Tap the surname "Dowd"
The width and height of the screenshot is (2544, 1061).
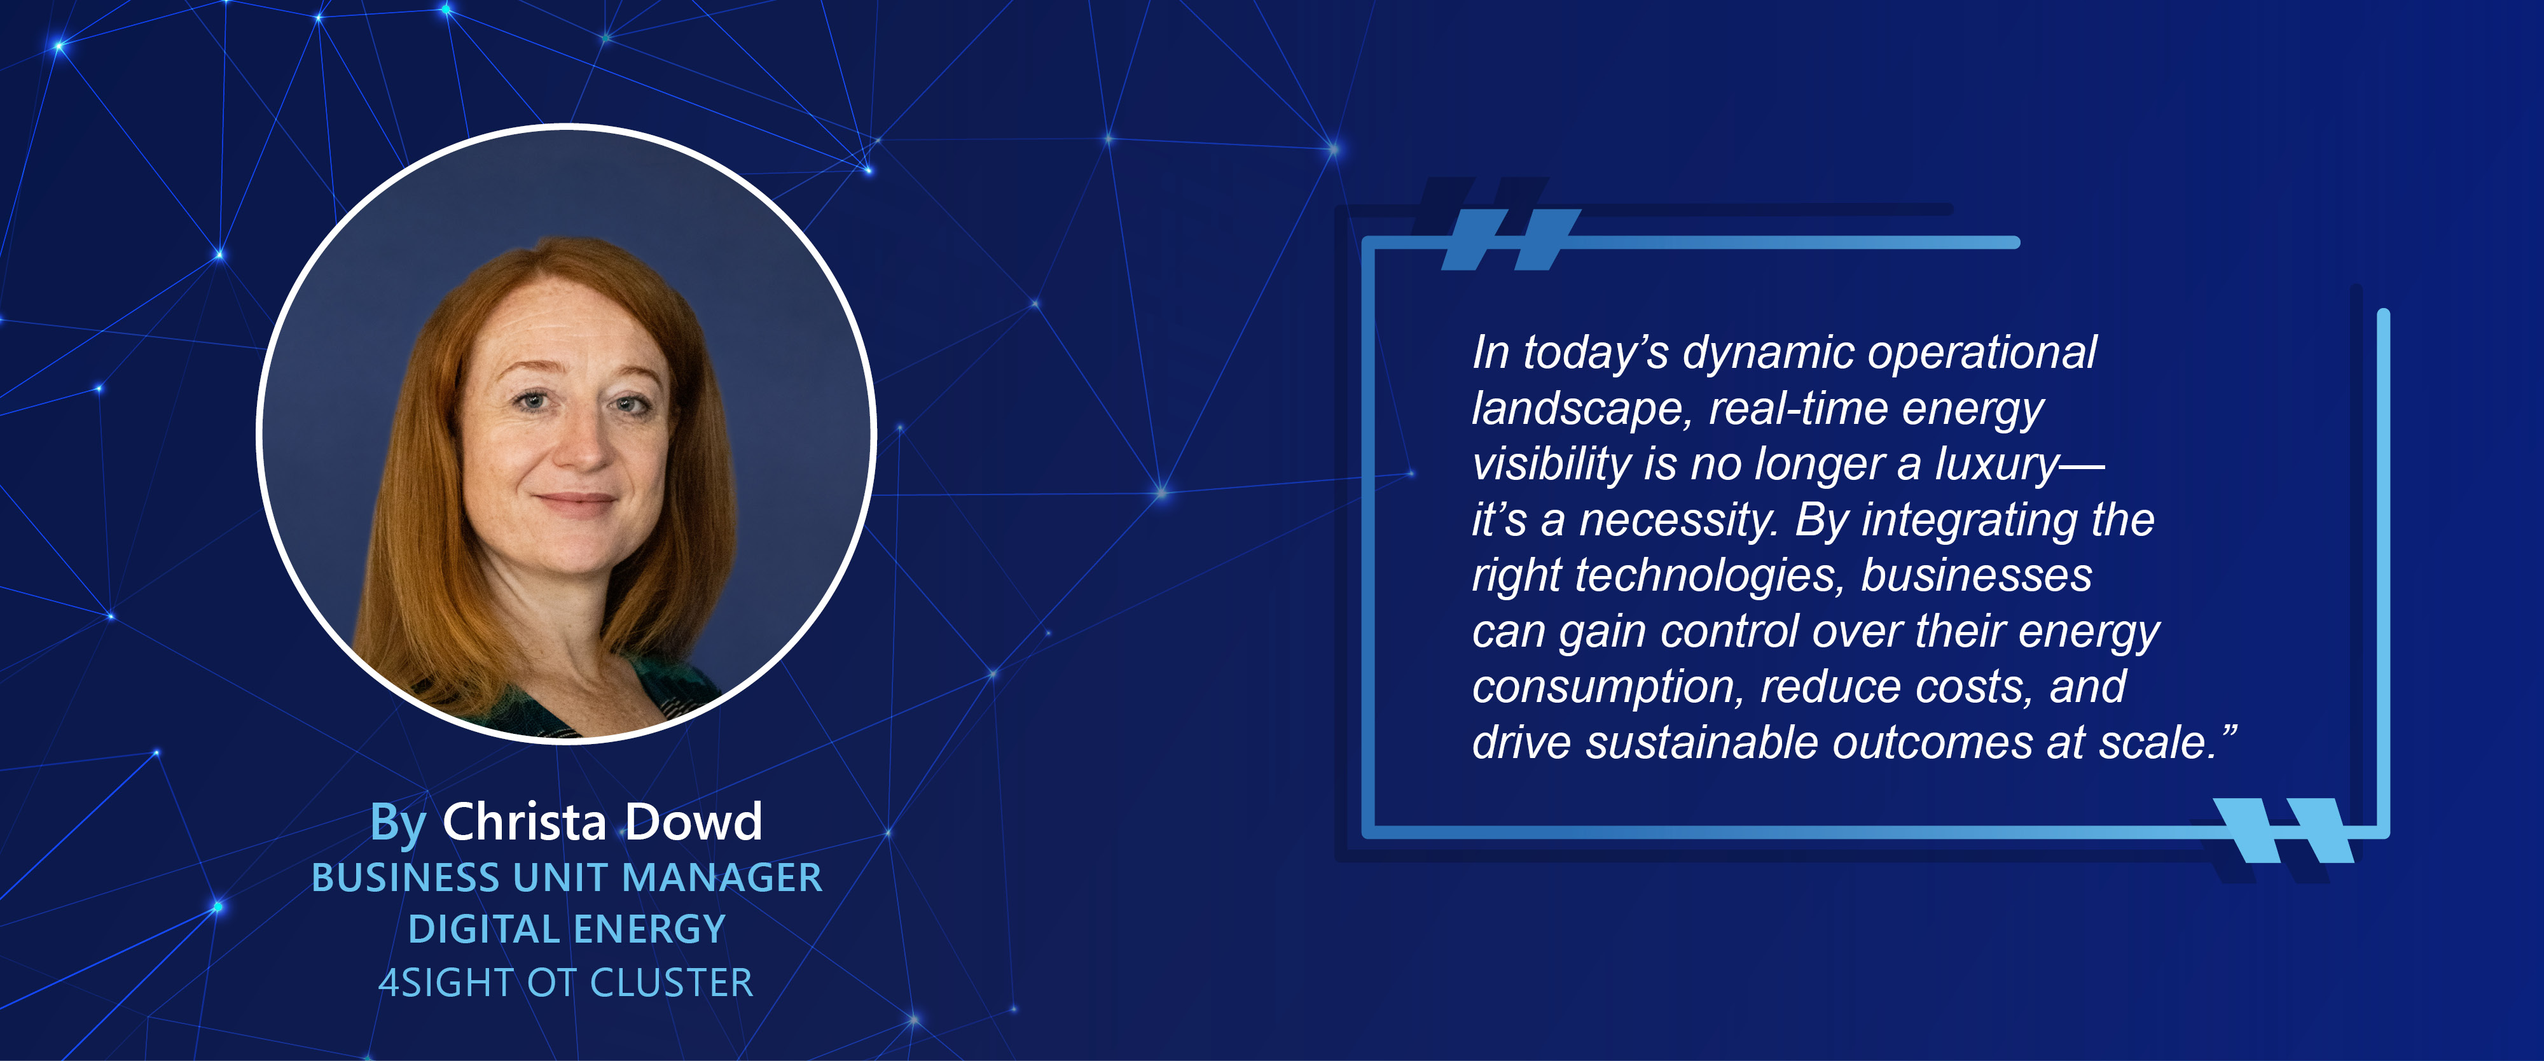pos(695,822)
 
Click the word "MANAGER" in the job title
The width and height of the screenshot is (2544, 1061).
pos(721,877)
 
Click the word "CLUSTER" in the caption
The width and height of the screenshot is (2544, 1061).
pos(672,983)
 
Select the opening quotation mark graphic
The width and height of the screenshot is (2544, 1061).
pos(1511,239)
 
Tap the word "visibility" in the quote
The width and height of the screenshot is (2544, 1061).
pos(1551,465)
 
